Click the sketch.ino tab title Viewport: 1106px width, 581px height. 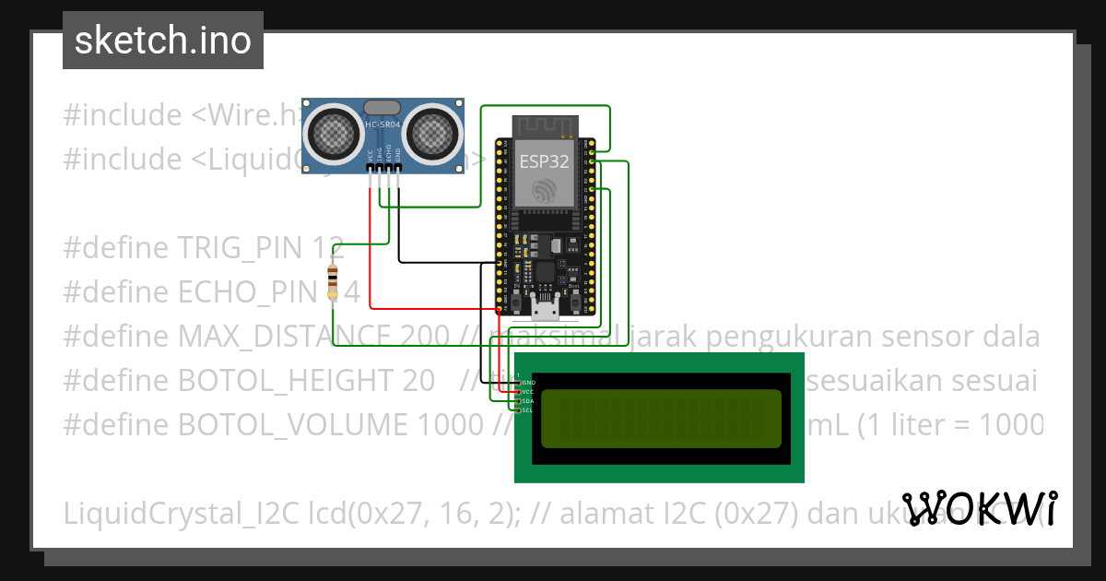[163, 41]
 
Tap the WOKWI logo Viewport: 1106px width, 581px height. [979, 508]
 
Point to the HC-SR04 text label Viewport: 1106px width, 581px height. [382, 124]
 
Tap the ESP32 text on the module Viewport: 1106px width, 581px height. [544, 161]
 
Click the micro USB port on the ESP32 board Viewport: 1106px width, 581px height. [545, 302]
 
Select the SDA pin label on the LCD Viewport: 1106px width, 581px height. [528, 401]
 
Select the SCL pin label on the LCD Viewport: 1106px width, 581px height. [528, 410]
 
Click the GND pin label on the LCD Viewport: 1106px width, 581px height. [528, 382]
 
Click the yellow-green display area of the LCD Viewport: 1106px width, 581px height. [660, 418]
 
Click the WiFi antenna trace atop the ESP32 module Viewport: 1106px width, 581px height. [544, 125]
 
